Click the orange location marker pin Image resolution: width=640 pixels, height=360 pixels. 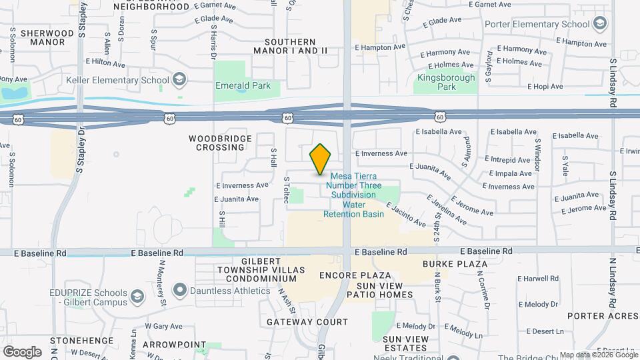point(321,159)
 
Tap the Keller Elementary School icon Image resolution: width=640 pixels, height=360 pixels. point(179,81)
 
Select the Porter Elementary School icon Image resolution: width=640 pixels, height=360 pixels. point(599,25)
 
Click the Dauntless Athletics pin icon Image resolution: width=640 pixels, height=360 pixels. point(179,291)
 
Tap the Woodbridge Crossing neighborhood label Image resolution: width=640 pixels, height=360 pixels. point(219,143)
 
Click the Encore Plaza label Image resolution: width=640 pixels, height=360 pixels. point(355,275)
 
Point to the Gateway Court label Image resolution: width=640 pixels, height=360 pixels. point(307,322)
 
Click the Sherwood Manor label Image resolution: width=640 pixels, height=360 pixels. point(47,37)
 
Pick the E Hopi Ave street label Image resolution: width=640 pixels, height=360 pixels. point(545,87)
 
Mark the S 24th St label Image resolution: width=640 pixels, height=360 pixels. point(437,226)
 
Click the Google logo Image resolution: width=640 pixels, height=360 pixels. point(22,351)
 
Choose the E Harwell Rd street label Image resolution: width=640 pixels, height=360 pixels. point(538,279)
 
